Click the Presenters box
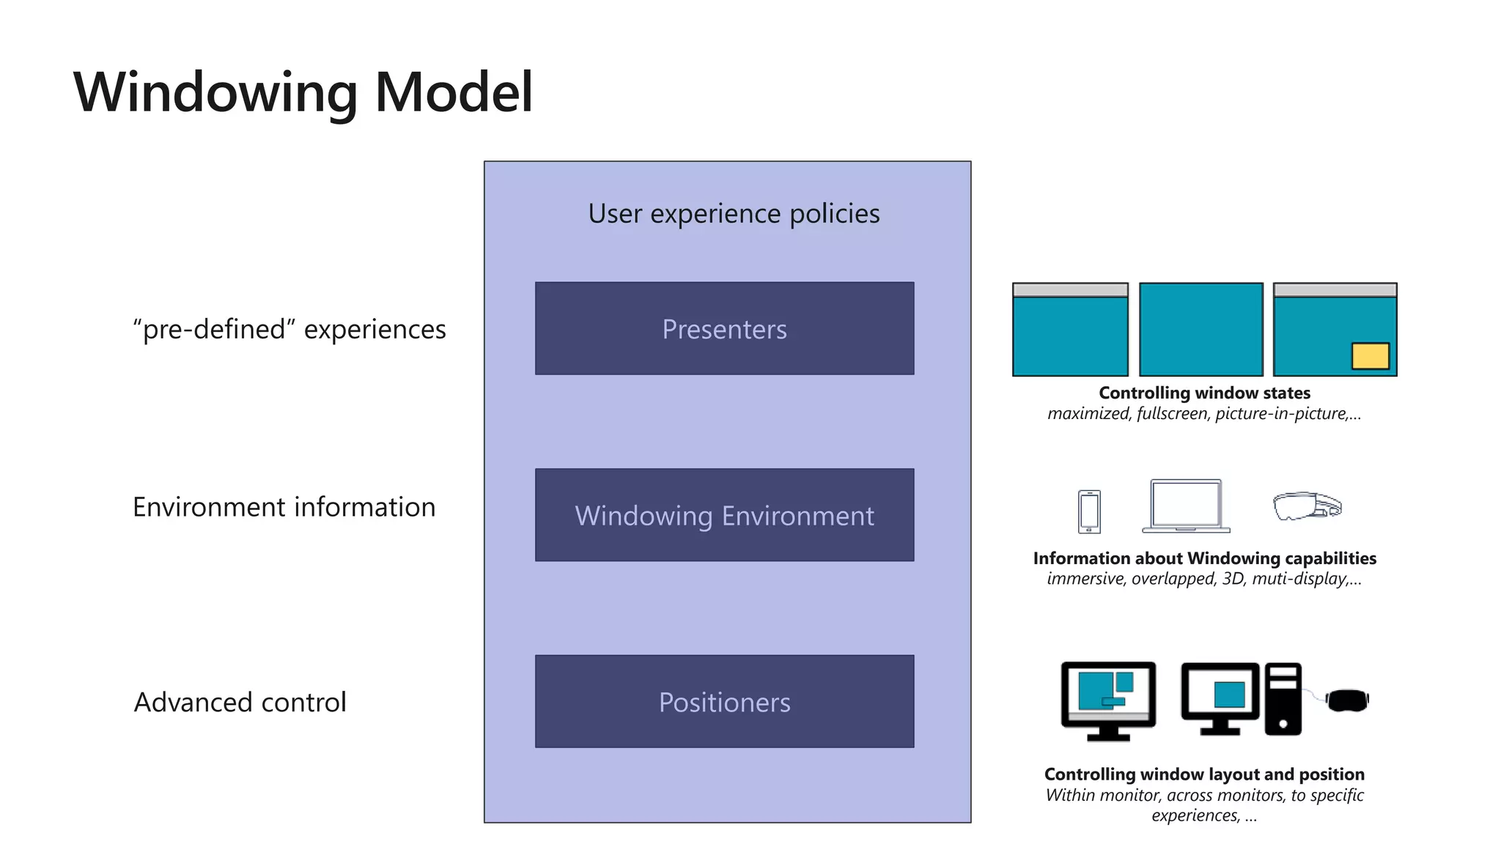(x=724, y=329)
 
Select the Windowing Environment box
(x=724, y=515)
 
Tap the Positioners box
(x=724, y=702)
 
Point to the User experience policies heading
(x=734, y=214)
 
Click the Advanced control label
(x=240, y=702)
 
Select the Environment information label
(x=284, y=507)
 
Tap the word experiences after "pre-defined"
(x=375, y=329)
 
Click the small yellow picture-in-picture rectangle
(x=1370, y=356)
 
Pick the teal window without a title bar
(x=1201, y=330)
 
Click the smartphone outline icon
(x=1089, y=511)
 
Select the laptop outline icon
(x=1186, y=506)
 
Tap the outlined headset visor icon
(x=1307, y=506)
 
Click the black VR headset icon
(x=1347, y=700)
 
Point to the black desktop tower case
(x=1283, y=699)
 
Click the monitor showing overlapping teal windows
(x=1108, y=696)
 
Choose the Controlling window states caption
(x=1204, y=393)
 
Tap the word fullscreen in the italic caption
(x=1171, y=414)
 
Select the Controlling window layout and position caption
(x=1204, y=774)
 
